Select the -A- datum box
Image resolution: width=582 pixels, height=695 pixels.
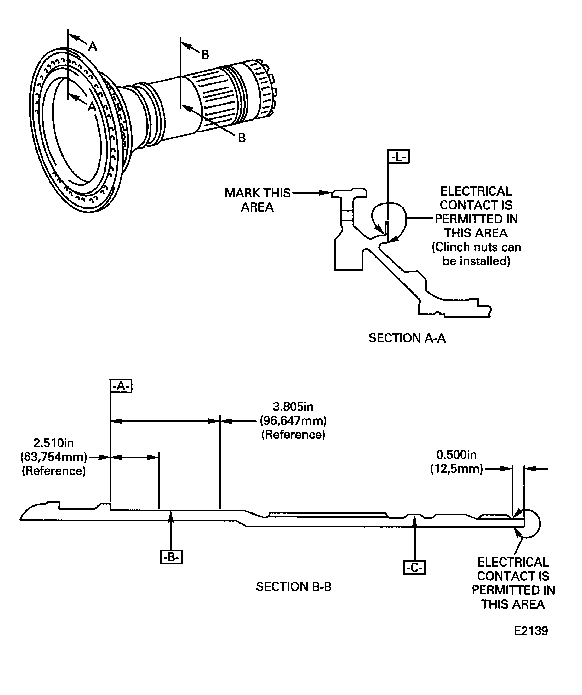tap(121, 386)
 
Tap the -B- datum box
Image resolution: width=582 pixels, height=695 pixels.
tap(171, 557)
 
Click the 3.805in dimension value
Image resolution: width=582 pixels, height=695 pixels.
tap(293, 406)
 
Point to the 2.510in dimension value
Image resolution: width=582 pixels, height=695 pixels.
tap(54, 443)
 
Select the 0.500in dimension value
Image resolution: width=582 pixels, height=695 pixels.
tap(456, 455)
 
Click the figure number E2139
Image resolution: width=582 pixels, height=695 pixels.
tap(531, 631)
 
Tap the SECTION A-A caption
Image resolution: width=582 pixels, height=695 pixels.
tap(407, 338)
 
